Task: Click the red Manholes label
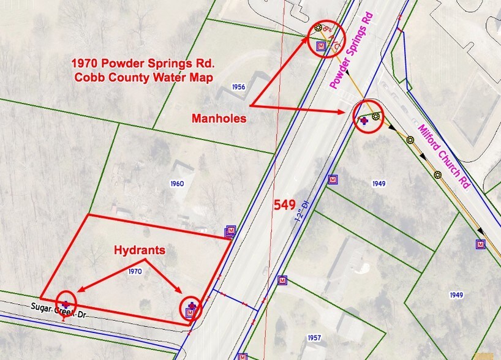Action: pyautogui.click(x=219, y=118)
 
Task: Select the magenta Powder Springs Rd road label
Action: pyautogui.click(x=351, y=49)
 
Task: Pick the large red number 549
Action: pyautogui.click(x=285, y=204)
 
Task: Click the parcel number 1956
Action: pyautogui.click(x=239, y=88)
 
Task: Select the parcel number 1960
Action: pyautogui.click(x=177, y=183)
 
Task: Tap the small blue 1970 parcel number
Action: pyautogui.click(x=135, y=270)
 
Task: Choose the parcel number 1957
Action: pyautogui.click(x=315, y=338)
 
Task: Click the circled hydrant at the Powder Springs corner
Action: pyautogui.click(x=192, y=308)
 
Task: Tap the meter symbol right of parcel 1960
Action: pyautogui.click(x=230, y=231)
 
